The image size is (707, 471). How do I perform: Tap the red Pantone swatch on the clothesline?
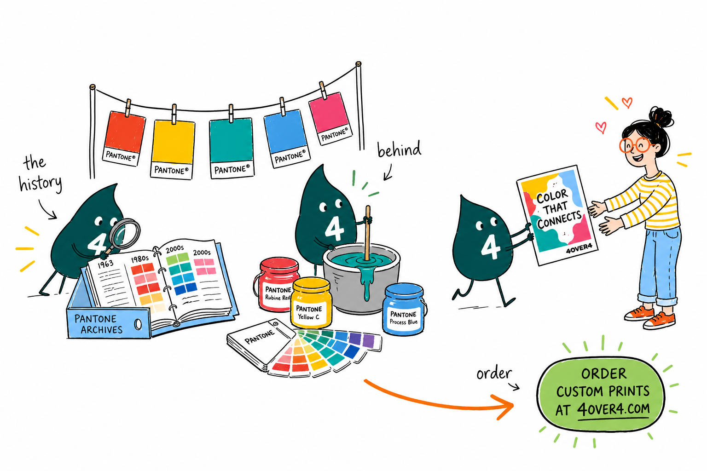coord(123,138)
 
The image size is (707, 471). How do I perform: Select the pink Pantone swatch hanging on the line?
coord(330,118)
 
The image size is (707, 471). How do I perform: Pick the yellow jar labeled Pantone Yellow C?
coord(311,303)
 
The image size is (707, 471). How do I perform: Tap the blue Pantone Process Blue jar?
coord(404,309)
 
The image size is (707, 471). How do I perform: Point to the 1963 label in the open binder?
coord(105,264)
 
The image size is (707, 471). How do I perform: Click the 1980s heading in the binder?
coord(140,259)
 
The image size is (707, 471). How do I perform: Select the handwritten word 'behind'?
coord(399,149)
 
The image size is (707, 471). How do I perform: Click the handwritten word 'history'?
coord(41,184)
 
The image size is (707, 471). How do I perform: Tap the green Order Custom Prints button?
coord(601,394)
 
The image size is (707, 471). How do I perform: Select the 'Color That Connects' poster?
coord(557,215)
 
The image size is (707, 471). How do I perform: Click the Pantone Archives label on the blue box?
coord(98,324)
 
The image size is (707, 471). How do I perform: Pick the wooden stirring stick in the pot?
coord(367,232)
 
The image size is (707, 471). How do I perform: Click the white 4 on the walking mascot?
coord(491,247)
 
